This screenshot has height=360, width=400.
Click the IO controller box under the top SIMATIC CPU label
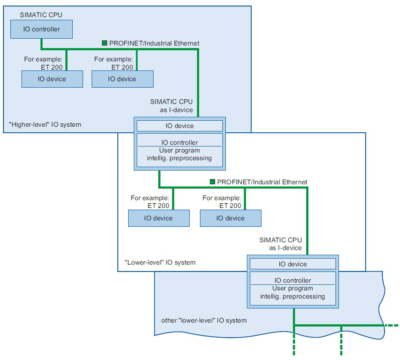41,29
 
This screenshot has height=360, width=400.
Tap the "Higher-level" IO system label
45,125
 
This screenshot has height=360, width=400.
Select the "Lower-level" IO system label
160,262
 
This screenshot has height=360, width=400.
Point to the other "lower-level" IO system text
204,320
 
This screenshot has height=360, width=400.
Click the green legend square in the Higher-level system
105,43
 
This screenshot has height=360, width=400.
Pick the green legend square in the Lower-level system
212,182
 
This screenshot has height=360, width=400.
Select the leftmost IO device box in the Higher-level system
52,79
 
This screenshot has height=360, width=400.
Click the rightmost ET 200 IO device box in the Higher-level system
123,79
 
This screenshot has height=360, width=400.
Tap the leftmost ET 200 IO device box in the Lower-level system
159,218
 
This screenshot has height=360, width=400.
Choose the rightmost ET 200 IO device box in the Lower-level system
231,218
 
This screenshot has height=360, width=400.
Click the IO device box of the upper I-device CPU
180,126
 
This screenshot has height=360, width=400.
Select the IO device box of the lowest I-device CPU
293,264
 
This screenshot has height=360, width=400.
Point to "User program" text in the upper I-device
180,150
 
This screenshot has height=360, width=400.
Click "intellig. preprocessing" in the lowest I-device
292,296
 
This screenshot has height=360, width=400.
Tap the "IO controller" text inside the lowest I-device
292,280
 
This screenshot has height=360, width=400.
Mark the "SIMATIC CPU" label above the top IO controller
41,15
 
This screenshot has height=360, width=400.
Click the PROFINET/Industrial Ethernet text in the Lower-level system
262,182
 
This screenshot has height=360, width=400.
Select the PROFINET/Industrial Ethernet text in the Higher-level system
154,43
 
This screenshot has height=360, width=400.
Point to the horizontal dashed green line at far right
391,325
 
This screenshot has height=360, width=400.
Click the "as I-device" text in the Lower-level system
286,248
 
